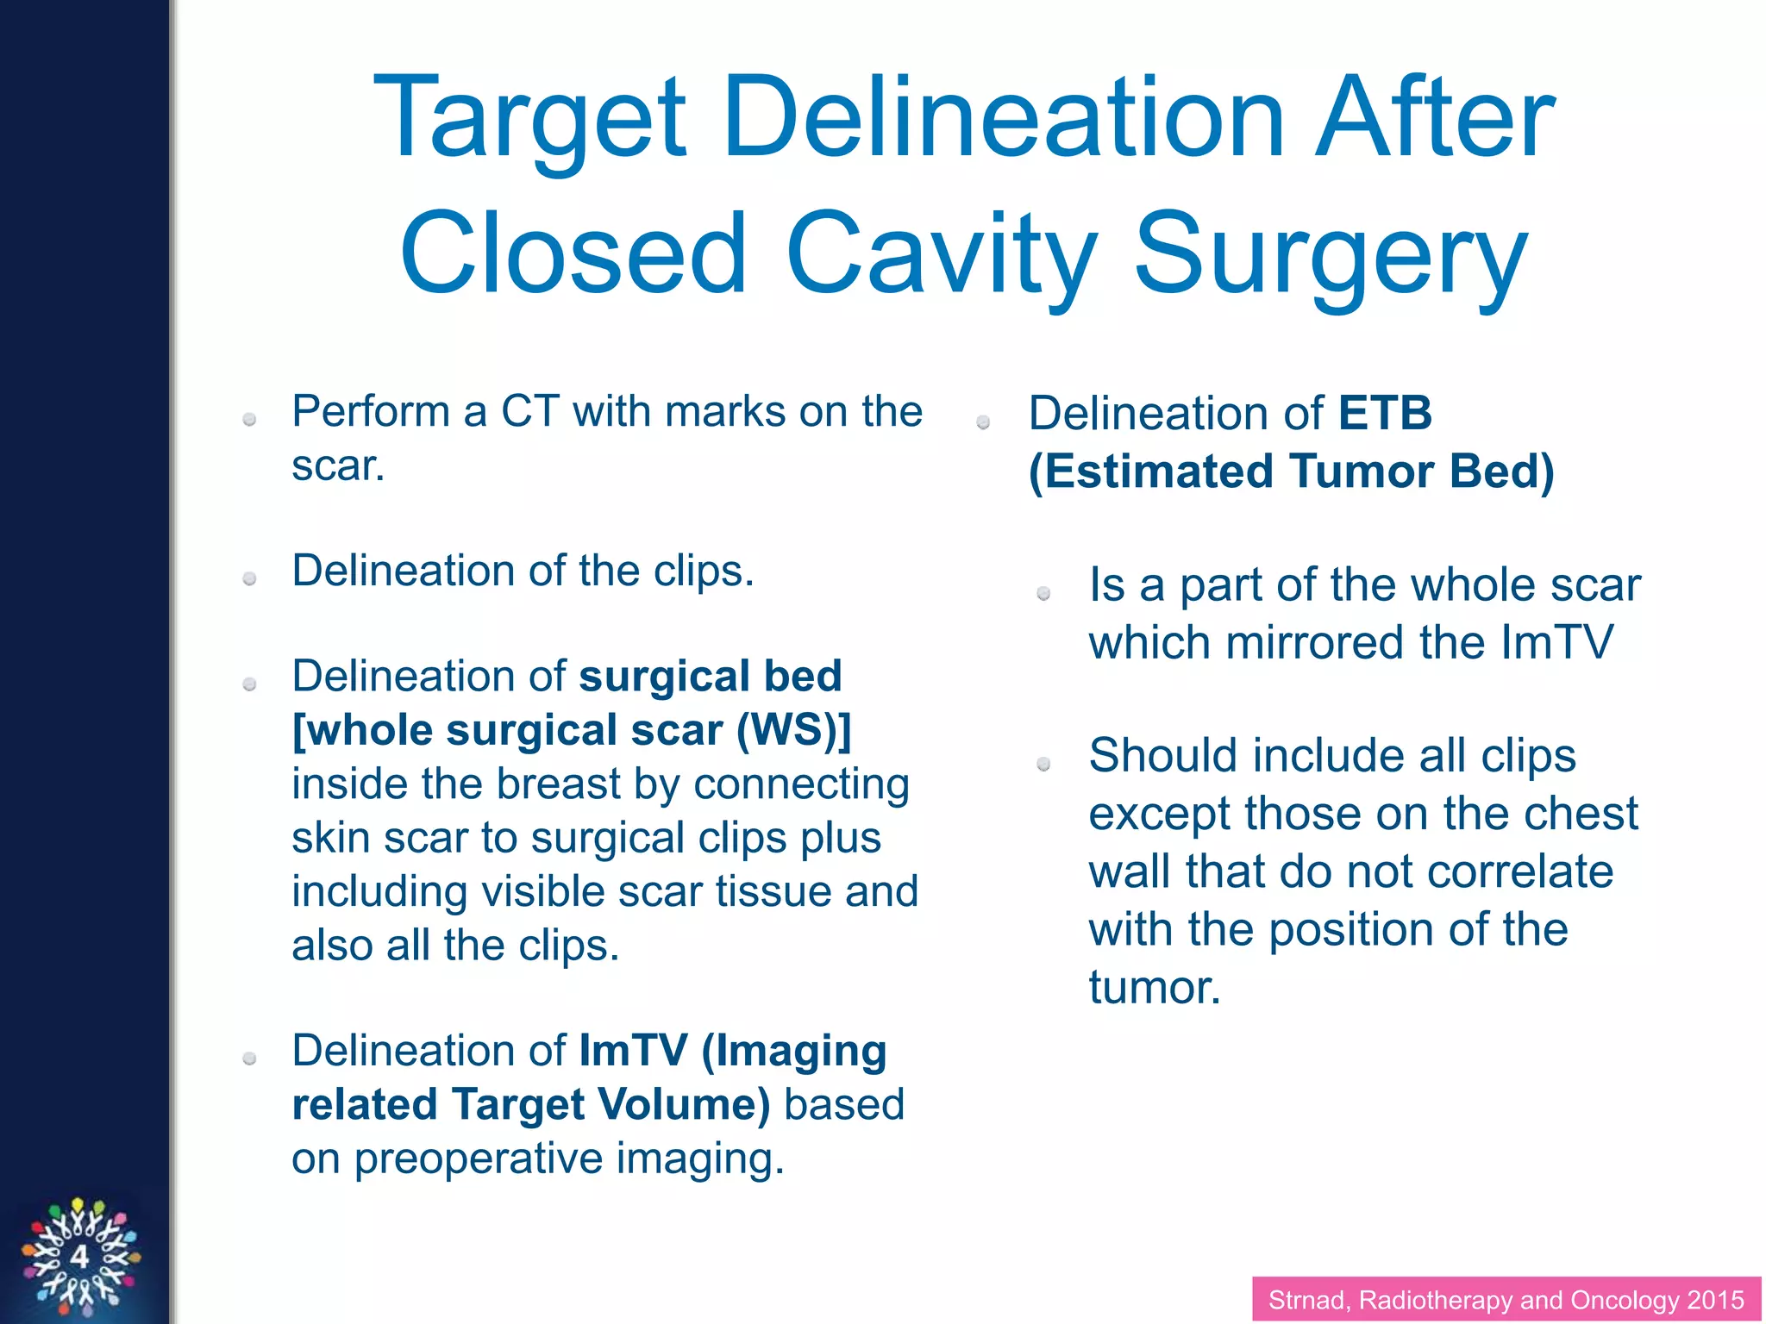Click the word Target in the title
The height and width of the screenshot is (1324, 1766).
529,121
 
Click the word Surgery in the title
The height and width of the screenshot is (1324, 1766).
1331,257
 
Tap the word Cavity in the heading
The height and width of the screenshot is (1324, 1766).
941,257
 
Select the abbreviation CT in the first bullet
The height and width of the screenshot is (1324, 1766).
529,411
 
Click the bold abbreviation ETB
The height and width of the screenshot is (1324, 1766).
1385,413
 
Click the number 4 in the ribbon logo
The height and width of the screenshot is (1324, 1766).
79,1257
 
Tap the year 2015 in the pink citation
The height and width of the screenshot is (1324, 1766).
1715,1300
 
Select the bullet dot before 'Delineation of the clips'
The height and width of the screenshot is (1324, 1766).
250,579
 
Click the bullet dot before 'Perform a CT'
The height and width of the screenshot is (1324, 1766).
250,420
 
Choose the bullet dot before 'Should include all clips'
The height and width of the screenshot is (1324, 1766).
1043,764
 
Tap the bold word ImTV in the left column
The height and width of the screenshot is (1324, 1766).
633,1052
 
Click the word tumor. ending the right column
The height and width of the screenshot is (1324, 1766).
1154,988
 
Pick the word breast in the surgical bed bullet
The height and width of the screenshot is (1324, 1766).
558,784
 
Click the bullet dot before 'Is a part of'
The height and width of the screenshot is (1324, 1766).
1043,593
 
